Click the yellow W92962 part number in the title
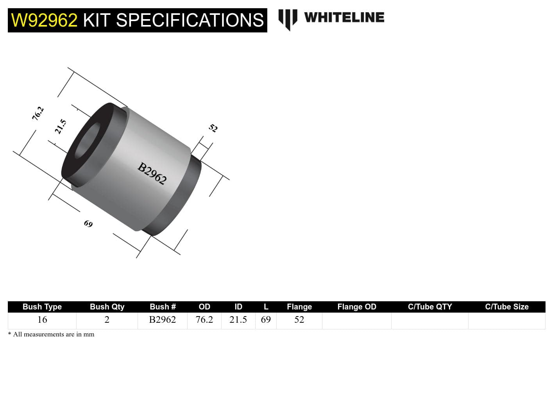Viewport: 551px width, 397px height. click(44, 20)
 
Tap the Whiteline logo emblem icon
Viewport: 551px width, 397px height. click(288, 19)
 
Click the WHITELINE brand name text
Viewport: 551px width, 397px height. click(344, 18)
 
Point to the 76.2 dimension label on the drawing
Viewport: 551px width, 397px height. click(38, 114)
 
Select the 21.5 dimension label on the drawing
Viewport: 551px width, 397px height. click(61, 127)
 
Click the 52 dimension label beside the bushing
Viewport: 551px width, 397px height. click(213, 128)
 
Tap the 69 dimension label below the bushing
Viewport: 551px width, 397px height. click(88, 224)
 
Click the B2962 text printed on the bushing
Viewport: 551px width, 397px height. click(152, 173)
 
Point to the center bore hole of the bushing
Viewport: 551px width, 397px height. click(87, 141)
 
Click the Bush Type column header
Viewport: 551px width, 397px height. click(42, 307)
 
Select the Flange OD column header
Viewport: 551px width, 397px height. click(356, 307)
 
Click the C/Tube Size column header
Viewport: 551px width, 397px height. click(506, 307)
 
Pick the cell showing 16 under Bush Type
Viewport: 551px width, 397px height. click(42, 320)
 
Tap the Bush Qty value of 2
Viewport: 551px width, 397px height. click(107, 320)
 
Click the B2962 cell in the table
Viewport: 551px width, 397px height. click(163, 320)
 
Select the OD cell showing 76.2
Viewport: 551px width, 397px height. click(204, 320)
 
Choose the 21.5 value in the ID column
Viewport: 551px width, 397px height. click(238, 320)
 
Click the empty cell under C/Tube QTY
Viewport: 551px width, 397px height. click(429, 320)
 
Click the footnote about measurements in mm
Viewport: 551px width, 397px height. click(51, 334)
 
